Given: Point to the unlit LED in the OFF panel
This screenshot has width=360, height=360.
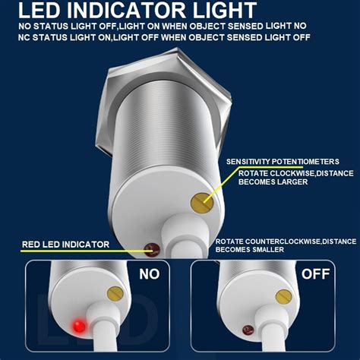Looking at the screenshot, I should (x=248, y=329).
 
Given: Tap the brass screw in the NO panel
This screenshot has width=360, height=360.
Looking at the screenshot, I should (x=115, y=293).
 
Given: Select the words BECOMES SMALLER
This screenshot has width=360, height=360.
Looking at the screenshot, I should (x=251, y=249).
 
